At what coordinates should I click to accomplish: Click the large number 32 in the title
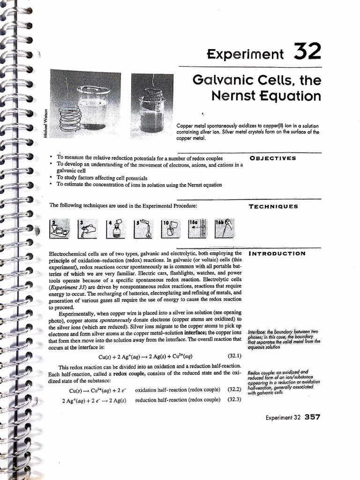[x=307, y=51]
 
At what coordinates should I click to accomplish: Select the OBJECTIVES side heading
[x=273, y=158]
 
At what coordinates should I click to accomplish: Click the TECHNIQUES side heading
[x=273, y=206]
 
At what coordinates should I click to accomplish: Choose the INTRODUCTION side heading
[x=277, y=254]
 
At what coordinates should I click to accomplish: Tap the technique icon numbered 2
[x=60, y=228]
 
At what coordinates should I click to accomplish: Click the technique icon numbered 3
[x=87, y=228]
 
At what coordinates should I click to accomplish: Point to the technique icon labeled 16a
[x=196, y=228]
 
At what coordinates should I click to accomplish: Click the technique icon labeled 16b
[x=224, y=228]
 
